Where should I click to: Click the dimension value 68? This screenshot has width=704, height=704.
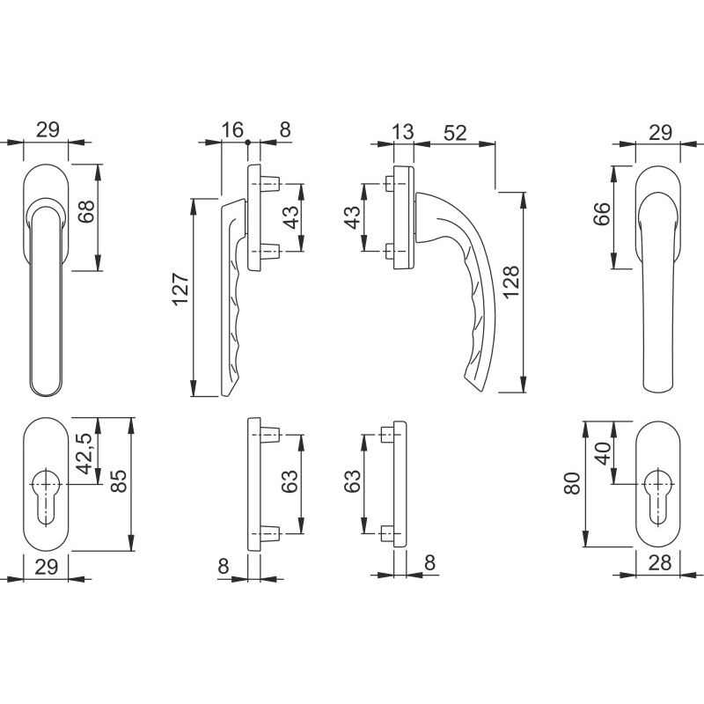[86, 211]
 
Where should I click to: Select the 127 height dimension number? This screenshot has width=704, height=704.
[181, 290]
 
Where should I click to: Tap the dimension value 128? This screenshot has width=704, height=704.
[511, 282]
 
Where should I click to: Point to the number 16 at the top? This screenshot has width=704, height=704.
[232, 129]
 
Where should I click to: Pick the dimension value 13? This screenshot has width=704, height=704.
[403, 132]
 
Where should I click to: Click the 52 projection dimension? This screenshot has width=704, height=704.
[455, 133]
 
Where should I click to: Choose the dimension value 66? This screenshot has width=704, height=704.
[603, 214]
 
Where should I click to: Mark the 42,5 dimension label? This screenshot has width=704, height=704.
[85, 453]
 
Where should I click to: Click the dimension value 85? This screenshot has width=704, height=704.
[119, 480]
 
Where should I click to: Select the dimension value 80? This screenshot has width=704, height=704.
[573, 483]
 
